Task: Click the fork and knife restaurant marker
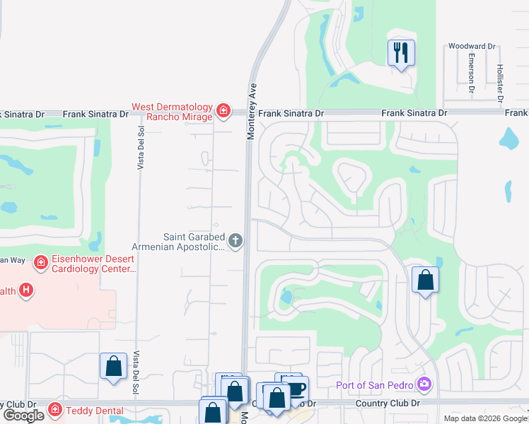pyautogui.click(x=401, y=52)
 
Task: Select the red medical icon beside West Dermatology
pyautogui.click(x=223, y=110)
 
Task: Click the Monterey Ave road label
pyautogui.click(x=251, y=113)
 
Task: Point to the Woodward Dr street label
pyautogui.click(x=472, y=47)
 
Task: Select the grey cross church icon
pyautogui.click(x=236, y=242)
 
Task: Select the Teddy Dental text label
pyautogui.click(x=95, y=411)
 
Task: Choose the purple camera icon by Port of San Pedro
pyautogui.click(x=424, y=385)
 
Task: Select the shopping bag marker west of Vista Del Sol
pyautogui.click(x=113, y=366)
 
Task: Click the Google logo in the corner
pyautogui.click(x=23, y=416)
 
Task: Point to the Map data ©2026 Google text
pyautogui.click(x=485, y=418)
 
